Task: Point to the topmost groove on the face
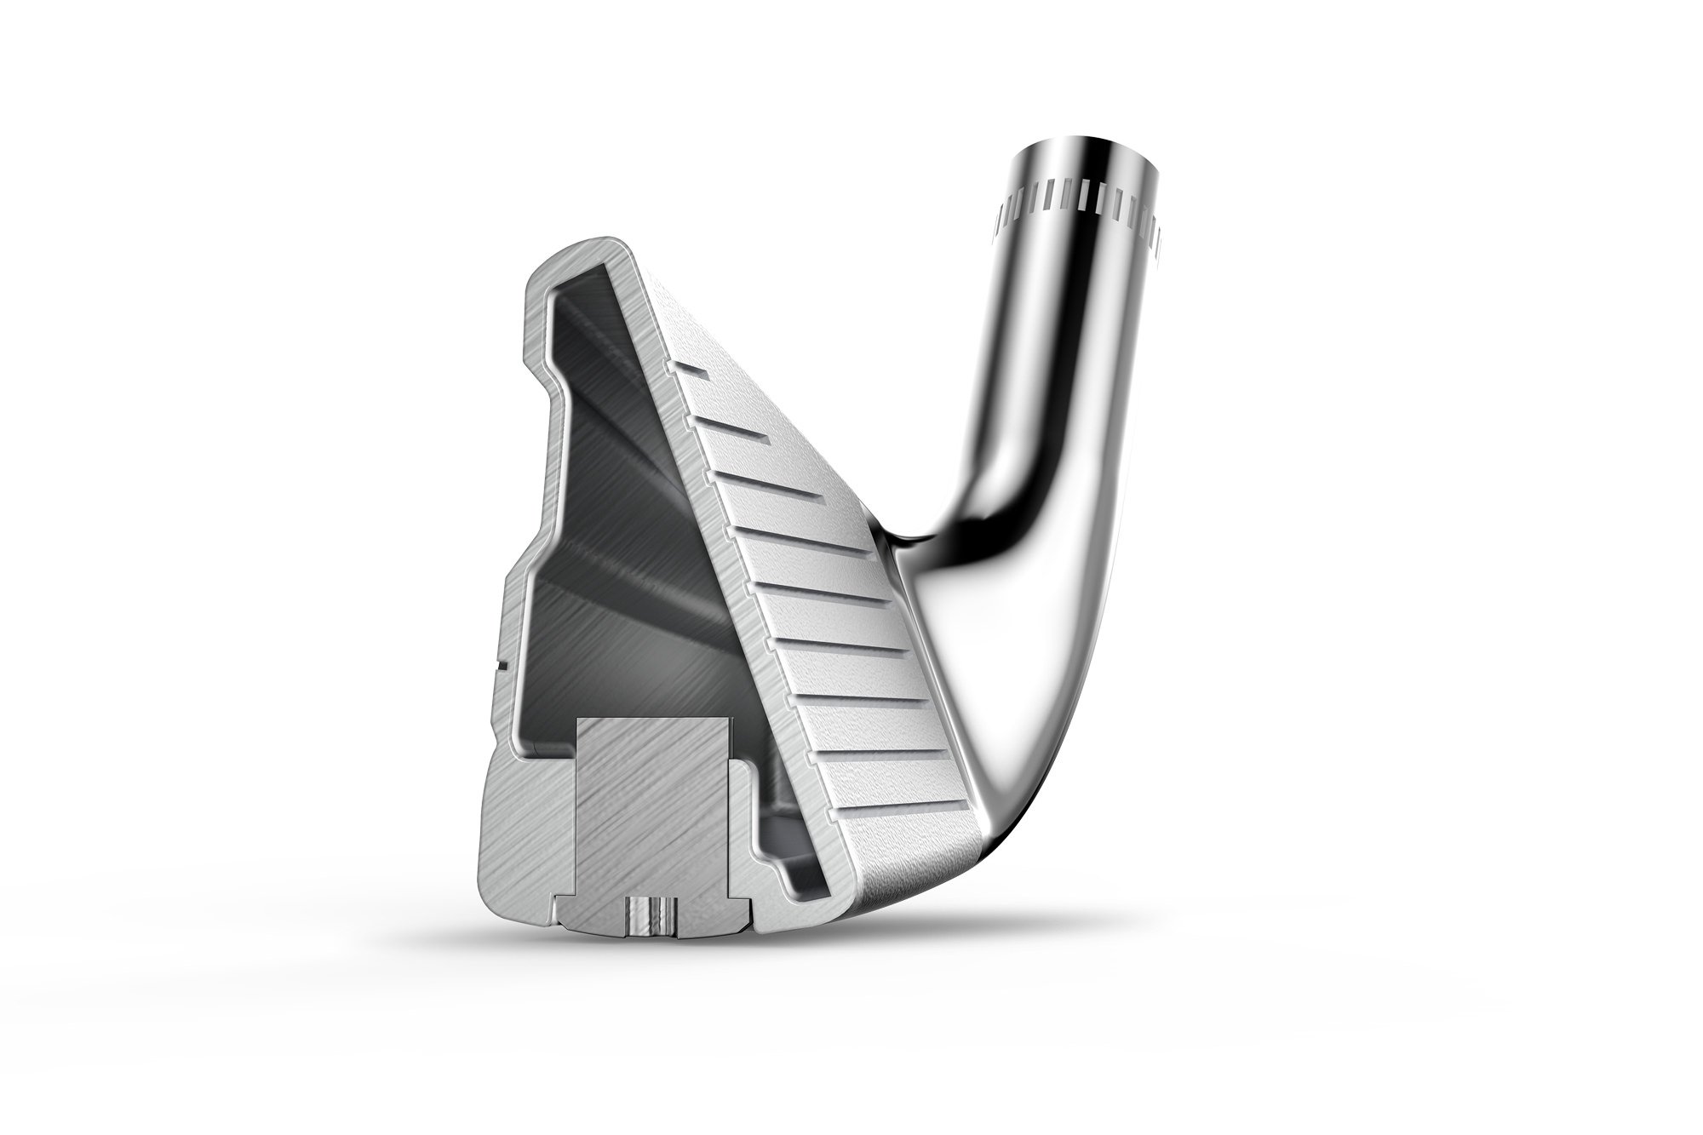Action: click(691, 372)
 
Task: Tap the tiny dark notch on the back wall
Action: click(504, 661)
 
